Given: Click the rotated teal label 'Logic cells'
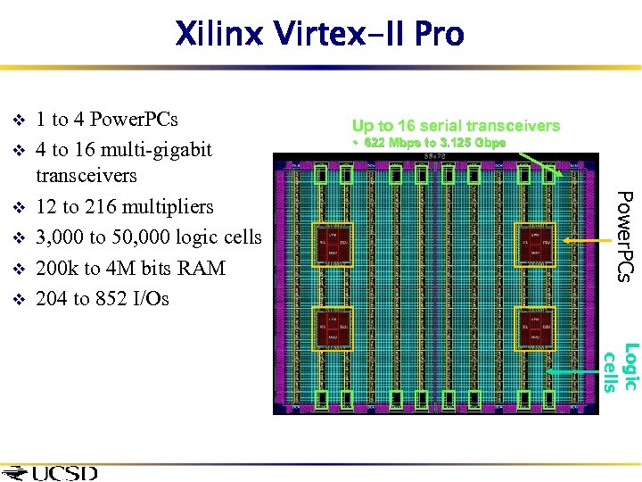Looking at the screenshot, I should point(621,367).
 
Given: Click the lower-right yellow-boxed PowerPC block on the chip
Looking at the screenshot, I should point(533,328).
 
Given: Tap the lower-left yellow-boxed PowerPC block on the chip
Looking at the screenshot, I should point(333,328).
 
